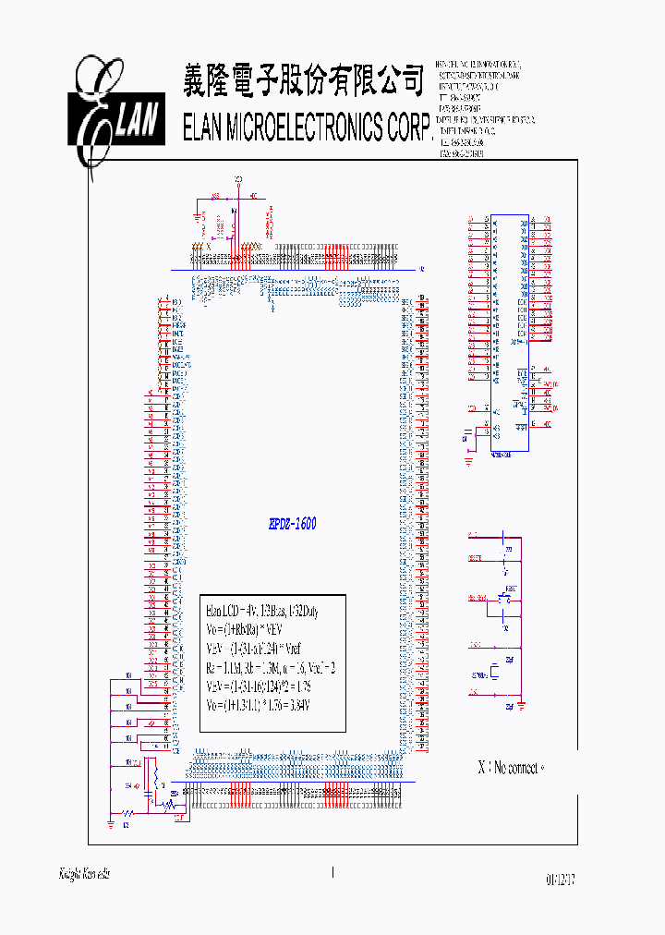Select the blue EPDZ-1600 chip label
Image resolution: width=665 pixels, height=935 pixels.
tap(292, 524)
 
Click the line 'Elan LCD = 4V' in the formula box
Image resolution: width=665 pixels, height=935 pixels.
tap(236, 612)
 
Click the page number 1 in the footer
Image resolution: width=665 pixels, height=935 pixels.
tap(332, 871)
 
